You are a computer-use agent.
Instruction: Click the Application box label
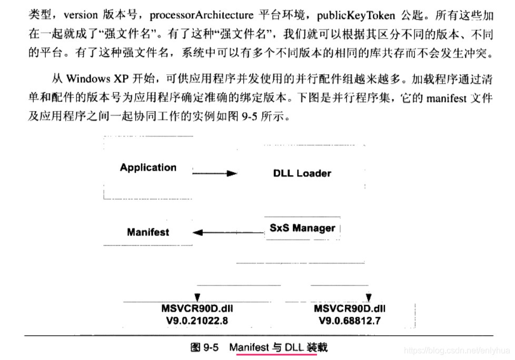pos(148,168)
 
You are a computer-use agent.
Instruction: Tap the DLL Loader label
pos(302,173)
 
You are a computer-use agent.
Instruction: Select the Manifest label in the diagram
pos(148,232)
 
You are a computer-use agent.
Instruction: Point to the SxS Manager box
pos(302,228)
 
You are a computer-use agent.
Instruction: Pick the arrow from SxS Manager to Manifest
pos(227,232)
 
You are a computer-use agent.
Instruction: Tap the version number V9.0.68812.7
pos(350,320)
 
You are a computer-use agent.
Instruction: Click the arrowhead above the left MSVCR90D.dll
pos(197,297)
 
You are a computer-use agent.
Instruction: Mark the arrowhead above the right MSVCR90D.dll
pos(369,297)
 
